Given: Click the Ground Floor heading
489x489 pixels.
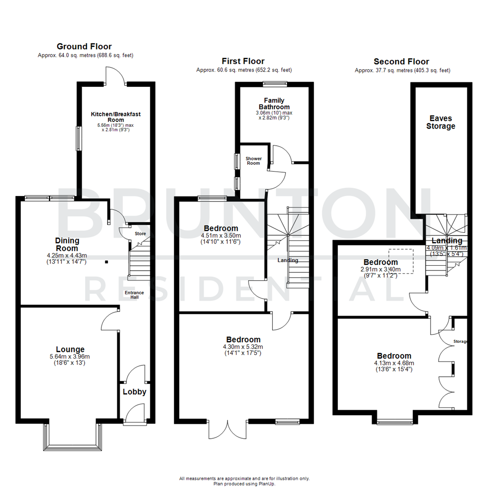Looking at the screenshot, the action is pyautogui.click(x=84, y=46).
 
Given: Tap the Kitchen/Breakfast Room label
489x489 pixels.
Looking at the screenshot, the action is pyautogui.click(x=115, y=116).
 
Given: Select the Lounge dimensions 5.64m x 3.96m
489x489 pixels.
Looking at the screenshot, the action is pyautogui.click(x=70, y=357).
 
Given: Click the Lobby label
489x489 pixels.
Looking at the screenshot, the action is pyautogui.click(x=134, y=392).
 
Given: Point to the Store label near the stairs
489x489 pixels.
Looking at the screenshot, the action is pyautogui.click(x=140, y=234).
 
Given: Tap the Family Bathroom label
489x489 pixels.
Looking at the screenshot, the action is pyautogui.click(x=274, y=103).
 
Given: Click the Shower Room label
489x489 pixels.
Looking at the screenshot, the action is pyautogui.click(x=253, y=161).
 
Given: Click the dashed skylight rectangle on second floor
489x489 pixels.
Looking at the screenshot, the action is pyautogui.click(x=401, y=261).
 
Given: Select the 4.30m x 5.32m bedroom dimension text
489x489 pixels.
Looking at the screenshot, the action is pyautogui.click(x=244, y=347).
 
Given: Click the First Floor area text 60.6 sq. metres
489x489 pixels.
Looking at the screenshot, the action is pyautogui.click(x=244, y=70).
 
